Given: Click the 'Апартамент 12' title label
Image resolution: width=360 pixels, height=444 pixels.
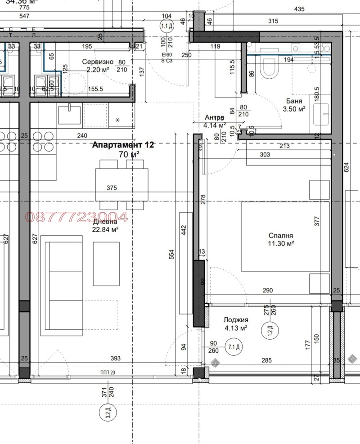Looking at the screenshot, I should coord(123,145).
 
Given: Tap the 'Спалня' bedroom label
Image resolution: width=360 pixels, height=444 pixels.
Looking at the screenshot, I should coord(281,235).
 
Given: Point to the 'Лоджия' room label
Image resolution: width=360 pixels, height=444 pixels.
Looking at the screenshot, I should coord(236,320).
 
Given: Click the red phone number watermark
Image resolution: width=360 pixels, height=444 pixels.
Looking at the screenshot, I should coord(77,217).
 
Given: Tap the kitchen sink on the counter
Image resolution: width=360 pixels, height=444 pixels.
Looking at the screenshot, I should coord(70,111).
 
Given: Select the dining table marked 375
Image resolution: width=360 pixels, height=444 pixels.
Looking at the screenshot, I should coord(121,184).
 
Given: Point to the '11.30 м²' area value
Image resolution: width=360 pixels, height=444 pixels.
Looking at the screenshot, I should coord(281,244).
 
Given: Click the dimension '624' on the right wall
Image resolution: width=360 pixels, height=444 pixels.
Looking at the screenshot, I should coord(346,168).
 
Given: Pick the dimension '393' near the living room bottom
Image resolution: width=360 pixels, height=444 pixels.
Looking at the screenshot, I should coord(116,359).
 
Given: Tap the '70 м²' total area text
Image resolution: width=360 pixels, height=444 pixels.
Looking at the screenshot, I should coord(129,154).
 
